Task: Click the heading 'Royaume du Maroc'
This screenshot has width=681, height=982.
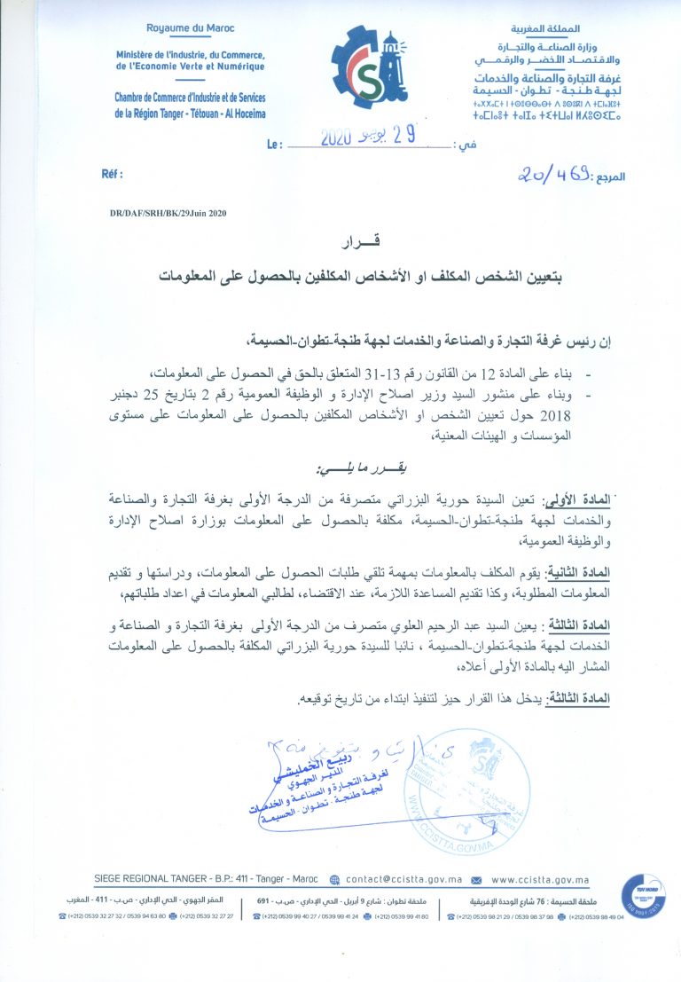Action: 189,28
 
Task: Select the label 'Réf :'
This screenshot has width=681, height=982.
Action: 113,175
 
